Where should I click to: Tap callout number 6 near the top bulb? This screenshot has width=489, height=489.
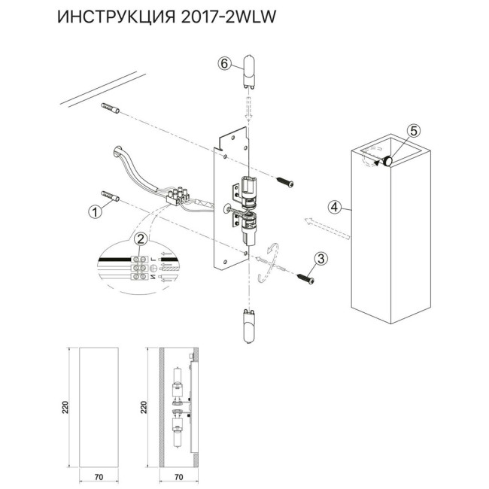(x=223, y=64)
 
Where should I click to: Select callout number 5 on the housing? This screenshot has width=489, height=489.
(x=413, y=130)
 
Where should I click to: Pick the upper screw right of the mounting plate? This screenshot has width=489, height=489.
(x=284, y=181)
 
